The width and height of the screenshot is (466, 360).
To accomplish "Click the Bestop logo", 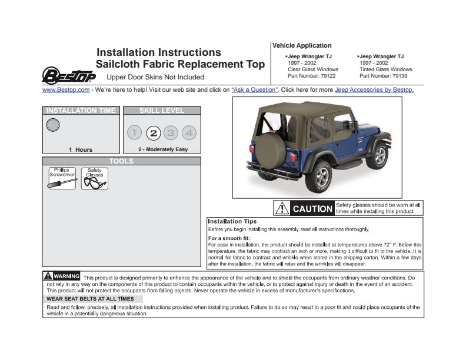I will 69,76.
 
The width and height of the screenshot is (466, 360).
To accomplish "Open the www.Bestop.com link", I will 66,90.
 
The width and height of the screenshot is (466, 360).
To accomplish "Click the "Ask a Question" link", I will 254,90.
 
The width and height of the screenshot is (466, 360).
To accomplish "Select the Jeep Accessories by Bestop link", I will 374,90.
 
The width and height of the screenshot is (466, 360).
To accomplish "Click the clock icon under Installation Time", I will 53,125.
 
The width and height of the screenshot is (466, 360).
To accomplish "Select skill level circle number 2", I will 153,133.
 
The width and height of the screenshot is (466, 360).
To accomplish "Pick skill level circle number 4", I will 189,133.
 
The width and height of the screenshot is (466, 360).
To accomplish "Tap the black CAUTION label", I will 312,208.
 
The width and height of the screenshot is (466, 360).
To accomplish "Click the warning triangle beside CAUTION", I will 283,208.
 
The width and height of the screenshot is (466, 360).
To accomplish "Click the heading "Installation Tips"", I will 232,221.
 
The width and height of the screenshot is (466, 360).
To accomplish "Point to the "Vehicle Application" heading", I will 302,45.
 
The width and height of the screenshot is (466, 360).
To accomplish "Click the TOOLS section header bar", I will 121,161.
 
